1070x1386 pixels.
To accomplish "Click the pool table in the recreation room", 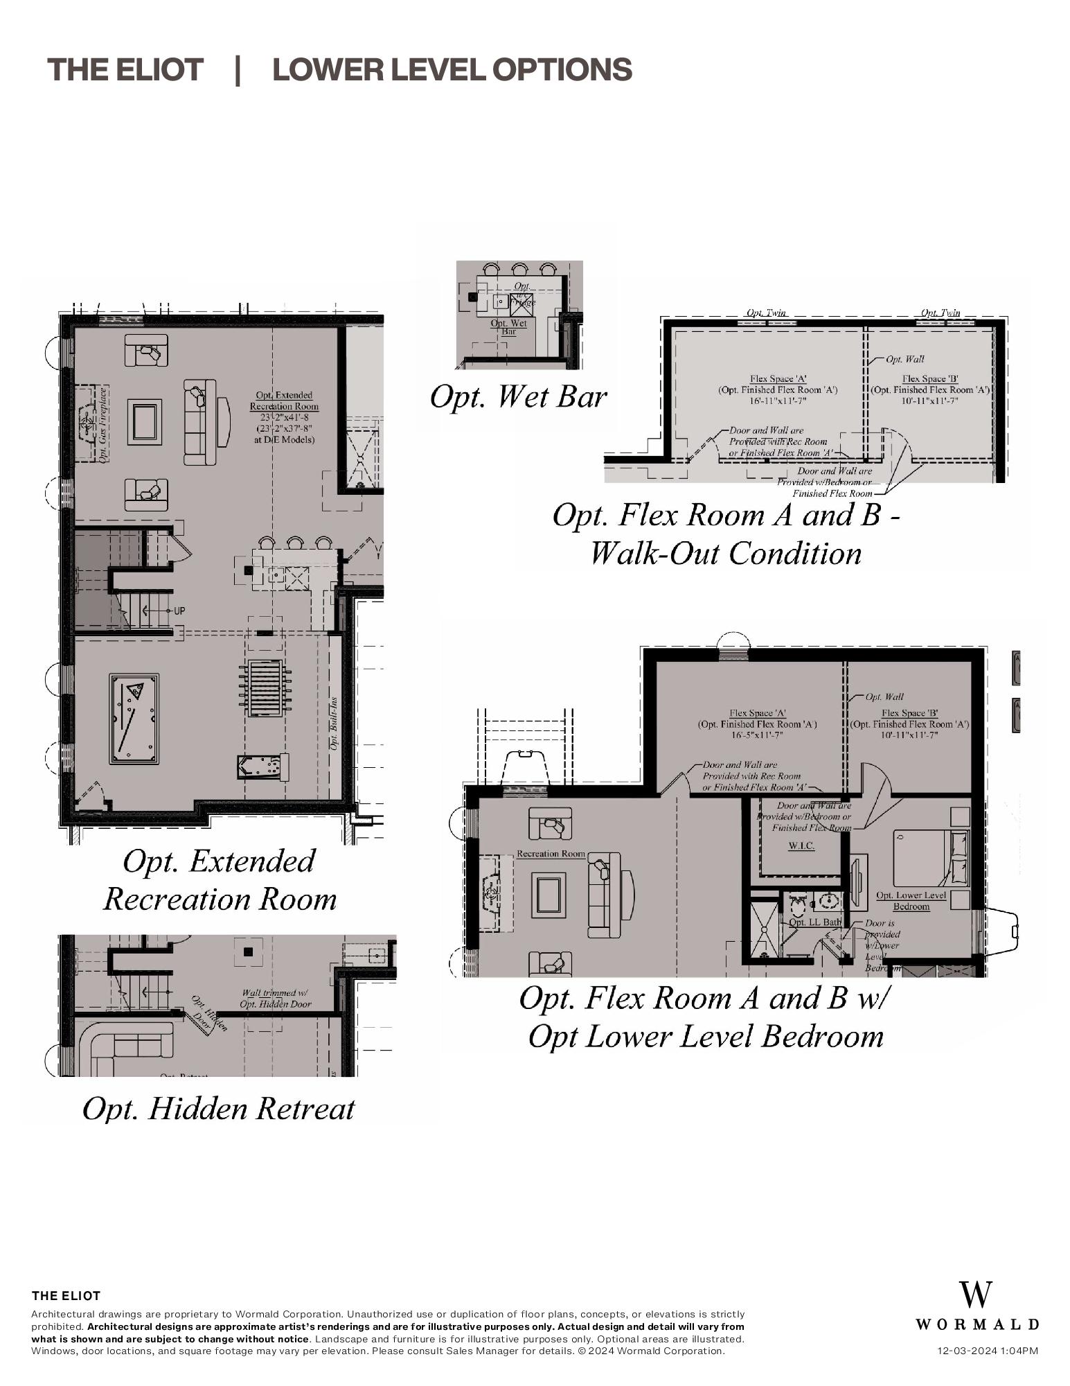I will [x=134, y=719].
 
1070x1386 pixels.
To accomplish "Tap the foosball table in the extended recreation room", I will [x=264, y=688].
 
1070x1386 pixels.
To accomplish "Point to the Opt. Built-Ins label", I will [x=334, y=723].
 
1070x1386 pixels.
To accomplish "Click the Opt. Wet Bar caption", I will [x=518, y=397].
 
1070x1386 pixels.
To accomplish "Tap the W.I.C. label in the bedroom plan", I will [x=801, y=846].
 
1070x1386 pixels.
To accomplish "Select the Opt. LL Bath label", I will [x=815, y=922].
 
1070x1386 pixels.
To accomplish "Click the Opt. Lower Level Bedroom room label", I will [x=911, y=900].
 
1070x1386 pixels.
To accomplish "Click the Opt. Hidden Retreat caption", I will [x=218, y=1108].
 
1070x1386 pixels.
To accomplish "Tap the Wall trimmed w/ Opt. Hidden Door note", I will [x=276, y=999].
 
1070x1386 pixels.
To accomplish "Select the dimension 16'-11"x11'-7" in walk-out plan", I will [x=777, y=401].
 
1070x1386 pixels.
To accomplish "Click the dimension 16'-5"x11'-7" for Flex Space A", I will [x=757, y=735].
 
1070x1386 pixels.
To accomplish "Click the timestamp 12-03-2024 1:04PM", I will [x=987, y=1350].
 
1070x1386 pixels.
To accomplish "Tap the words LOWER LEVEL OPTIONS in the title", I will [x=452, y=70].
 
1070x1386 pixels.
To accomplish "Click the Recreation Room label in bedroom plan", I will [x=551, y=854].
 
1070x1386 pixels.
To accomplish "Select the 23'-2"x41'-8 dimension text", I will [x=284, y=418].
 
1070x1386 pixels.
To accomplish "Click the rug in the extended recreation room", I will [x=144, y=422].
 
